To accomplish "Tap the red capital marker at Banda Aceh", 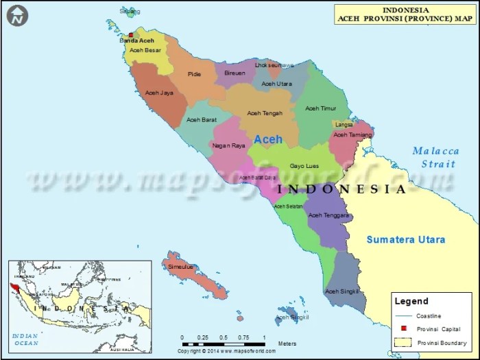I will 131,34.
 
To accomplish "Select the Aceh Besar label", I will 145,50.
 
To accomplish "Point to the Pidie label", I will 195,74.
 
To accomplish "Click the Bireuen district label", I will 235,73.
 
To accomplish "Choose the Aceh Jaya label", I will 159,93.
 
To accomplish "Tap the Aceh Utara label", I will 276,84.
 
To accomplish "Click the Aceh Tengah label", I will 265,113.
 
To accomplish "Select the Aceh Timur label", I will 321,108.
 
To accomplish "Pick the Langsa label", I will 344,125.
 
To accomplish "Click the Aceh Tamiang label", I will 352,135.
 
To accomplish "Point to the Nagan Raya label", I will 228,145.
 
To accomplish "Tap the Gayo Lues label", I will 304,166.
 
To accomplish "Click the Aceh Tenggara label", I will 329,215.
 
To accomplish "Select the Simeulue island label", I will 181,266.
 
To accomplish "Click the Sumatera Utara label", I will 405,239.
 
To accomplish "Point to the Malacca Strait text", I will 435,157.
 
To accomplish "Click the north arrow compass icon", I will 18,15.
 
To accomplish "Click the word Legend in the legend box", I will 412,301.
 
